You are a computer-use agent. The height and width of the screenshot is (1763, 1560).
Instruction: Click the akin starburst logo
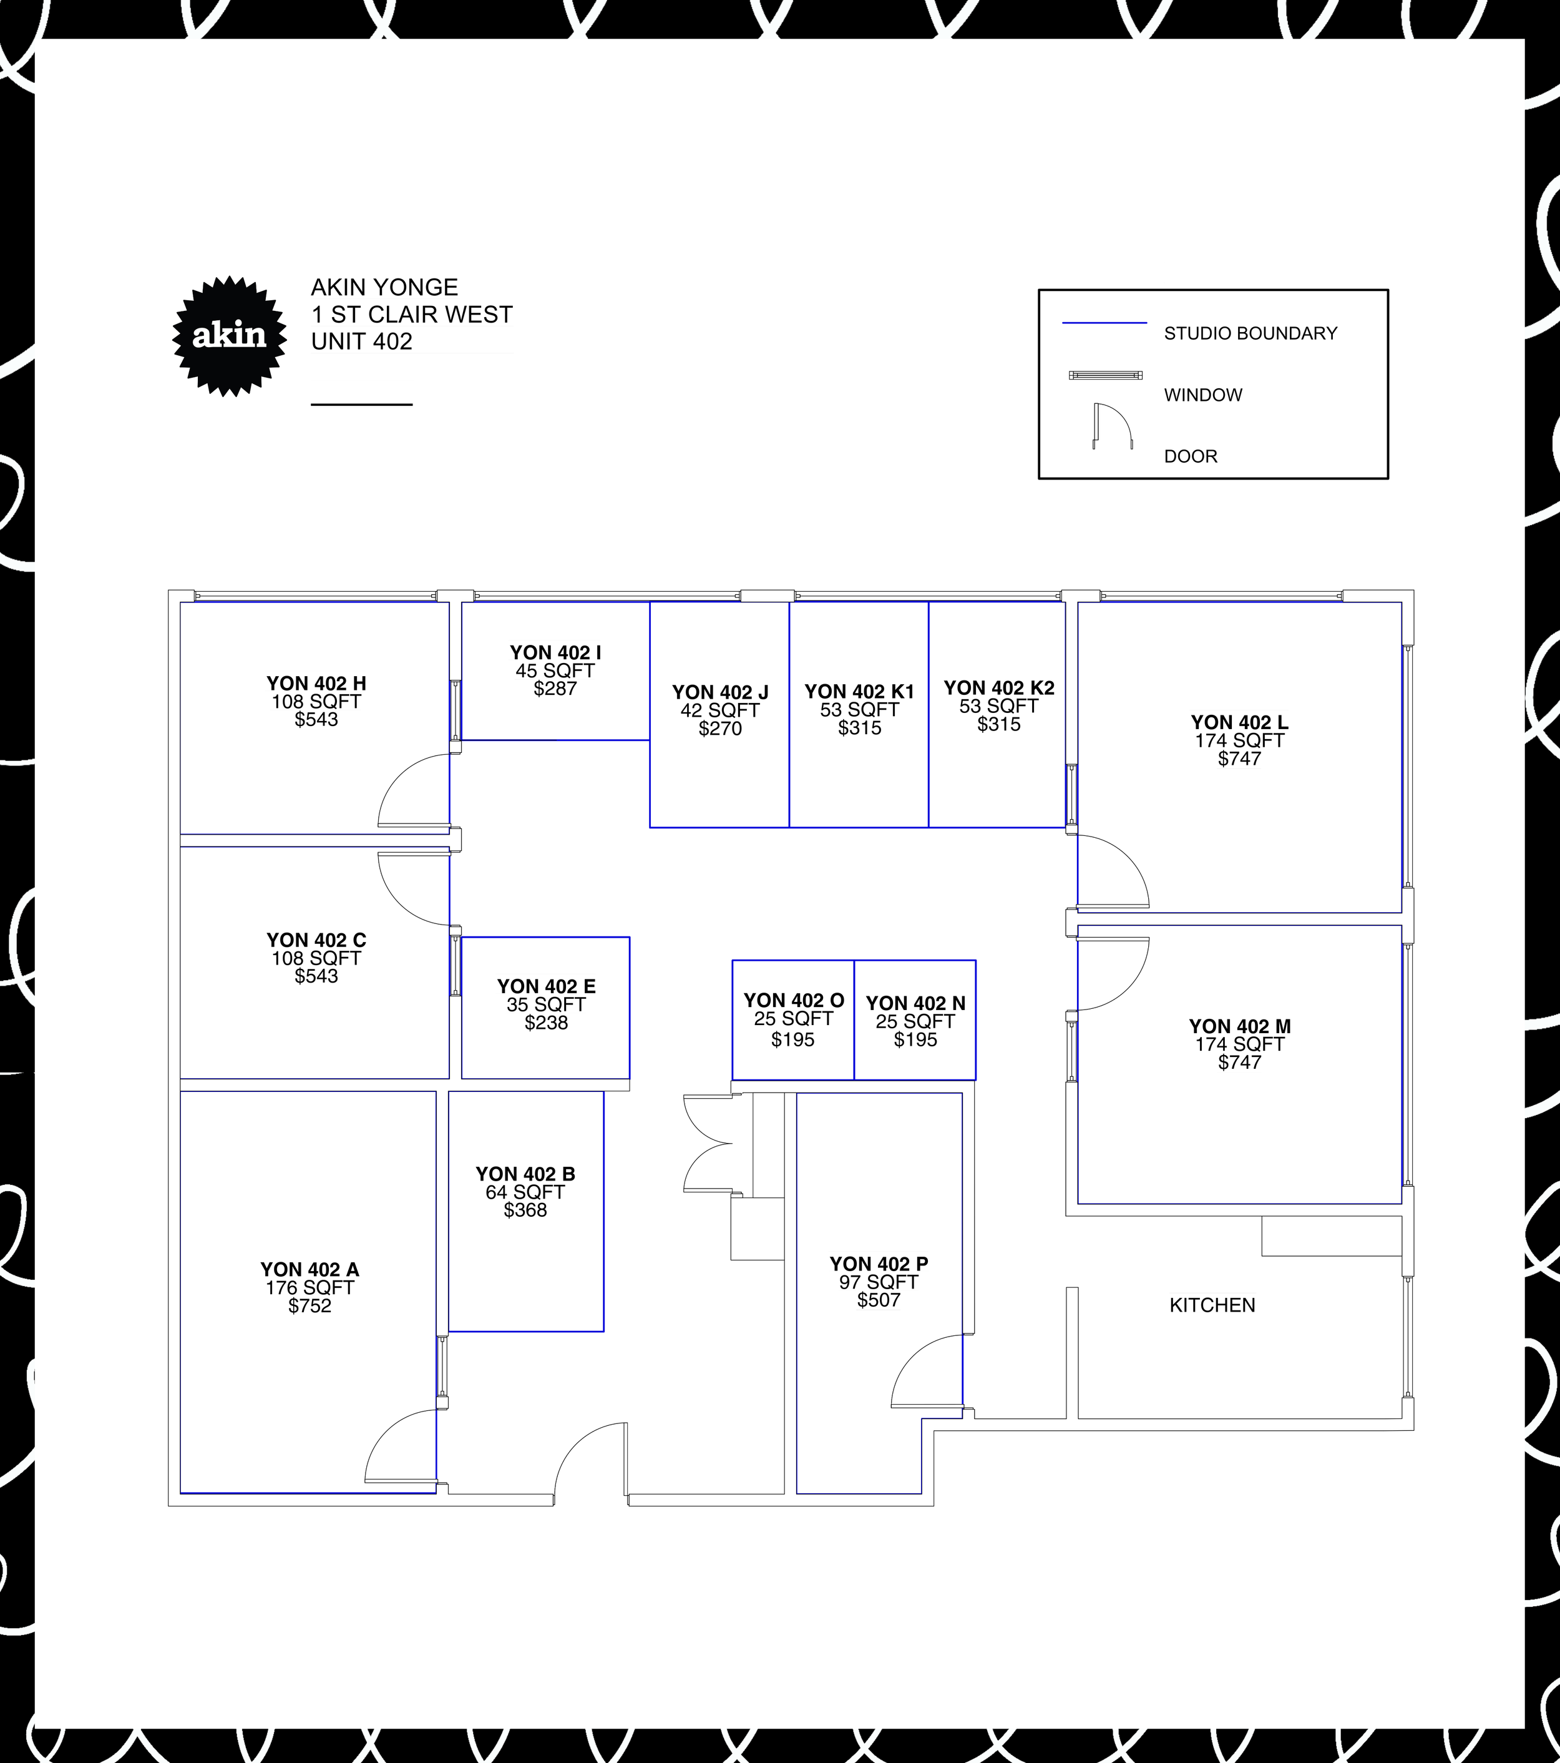tap(230, 335)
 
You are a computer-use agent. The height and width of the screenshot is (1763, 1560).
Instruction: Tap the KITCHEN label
tap(1212, 1305)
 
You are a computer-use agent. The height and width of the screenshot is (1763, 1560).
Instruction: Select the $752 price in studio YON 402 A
tap(310, 1306)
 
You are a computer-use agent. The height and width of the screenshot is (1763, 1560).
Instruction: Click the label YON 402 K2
tap(998, 687)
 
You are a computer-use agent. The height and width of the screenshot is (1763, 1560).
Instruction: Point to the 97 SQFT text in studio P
tap(879, 1282)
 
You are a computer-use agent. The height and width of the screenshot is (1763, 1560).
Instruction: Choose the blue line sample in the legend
tap(1104, 323)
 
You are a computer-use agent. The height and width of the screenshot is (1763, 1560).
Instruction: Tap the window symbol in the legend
tap(1106, 375)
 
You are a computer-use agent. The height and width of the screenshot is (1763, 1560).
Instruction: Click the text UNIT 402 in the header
tap(361, 341)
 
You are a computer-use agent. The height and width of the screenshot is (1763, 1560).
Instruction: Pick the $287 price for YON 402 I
tap(555, 689)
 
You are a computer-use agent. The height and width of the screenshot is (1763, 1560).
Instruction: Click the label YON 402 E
tap(546, 986)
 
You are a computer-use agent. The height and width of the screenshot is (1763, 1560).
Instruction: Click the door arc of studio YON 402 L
tap(1114, 871)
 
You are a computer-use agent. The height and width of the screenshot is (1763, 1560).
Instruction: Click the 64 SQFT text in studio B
tap(525, 1192)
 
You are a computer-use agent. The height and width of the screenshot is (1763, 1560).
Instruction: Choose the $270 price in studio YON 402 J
tap(720, 729)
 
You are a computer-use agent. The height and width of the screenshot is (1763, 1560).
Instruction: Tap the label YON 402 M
tap(1239, 1026)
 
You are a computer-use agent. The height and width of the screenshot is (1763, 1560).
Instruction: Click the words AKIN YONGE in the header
tap(384, 287)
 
